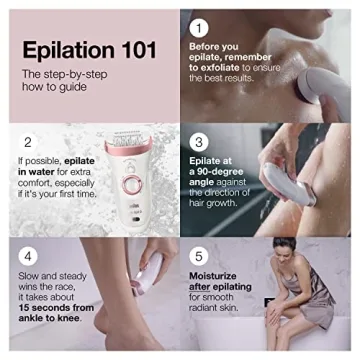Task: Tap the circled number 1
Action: coord(198,28)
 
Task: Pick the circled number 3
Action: coord(198,143)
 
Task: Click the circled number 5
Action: coord(198,255)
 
